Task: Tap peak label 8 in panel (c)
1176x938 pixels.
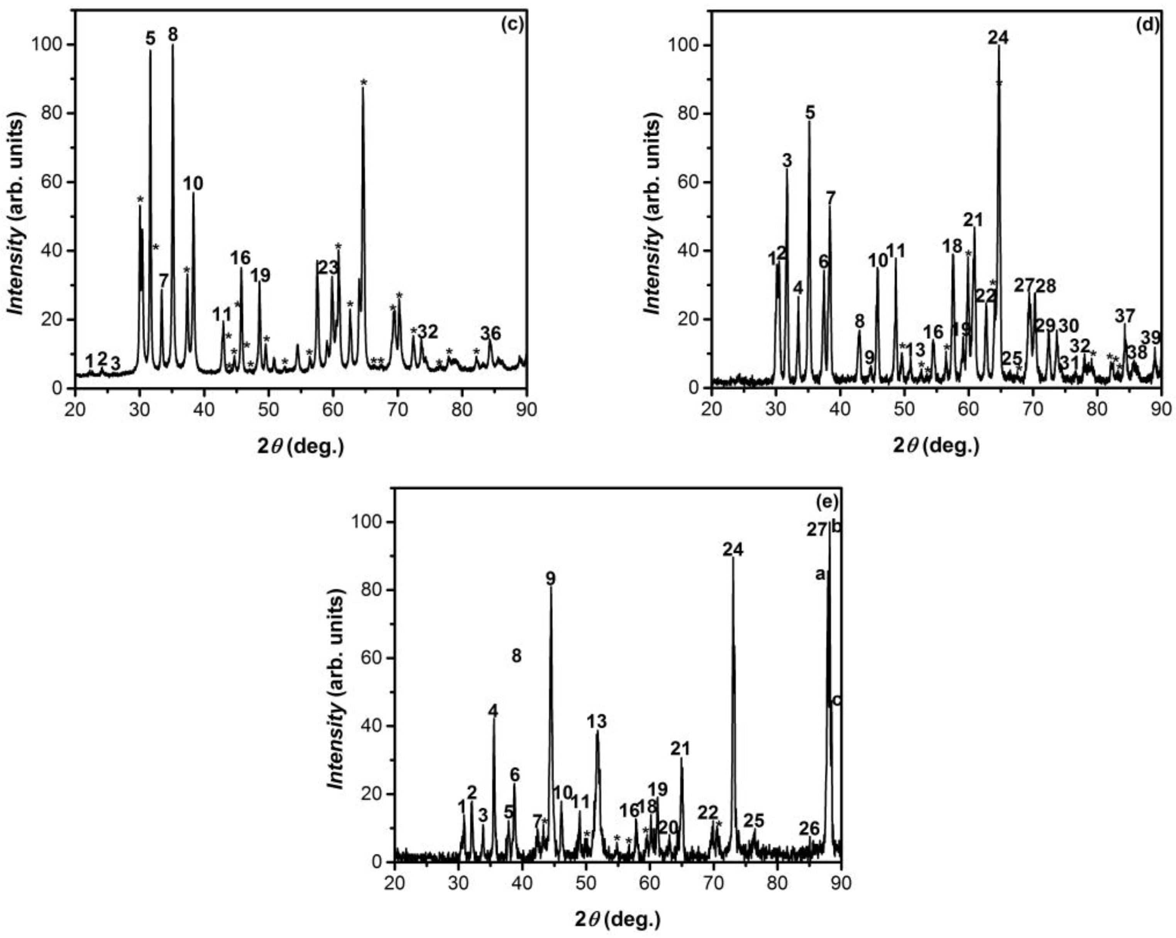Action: tap(173, 35)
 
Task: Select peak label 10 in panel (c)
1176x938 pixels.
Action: tap(193, 184)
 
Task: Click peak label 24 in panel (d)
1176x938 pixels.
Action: tap(998, 38)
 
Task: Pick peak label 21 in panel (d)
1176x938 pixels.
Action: tap(973, 220)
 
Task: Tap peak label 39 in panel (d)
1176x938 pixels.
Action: tap(1151, 338)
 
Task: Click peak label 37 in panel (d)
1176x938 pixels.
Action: tap(1125, 315)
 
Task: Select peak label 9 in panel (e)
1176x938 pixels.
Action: tap(550, 579)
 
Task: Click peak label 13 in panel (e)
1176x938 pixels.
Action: tap(597, 722)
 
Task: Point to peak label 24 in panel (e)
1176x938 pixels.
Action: tap(733, 550)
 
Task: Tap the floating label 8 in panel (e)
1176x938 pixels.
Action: tap(516, 656)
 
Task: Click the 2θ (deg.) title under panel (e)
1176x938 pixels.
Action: tap(618, 920)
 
